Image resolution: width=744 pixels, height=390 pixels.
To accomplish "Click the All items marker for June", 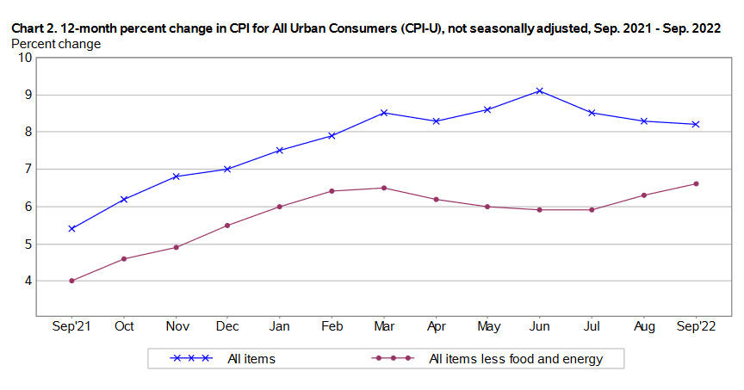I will click(x=539, y=90).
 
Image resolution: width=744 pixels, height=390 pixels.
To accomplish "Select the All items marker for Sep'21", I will click(x=71, y=228).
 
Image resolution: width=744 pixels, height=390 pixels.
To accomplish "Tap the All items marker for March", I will click(x=383, y=113).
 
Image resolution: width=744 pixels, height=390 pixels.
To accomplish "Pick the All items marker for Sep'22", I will click(x=695, y=124).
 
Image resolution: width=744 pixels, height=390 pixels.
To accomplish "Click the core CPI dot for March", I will click(x=383, y=188).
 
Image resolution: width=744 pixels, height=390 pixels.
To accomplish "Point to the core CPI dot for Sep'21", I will click(x=71, y=281).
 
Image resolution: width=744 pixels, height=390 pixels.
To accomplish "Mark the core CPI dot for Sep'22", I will click(x=695, y=183).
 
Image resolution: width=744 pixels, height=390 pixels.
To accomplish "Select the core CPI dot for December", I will click(x=227, y=226).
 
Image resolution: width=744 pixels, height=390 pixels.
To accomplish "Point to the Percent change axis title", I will click(x=55, y=43).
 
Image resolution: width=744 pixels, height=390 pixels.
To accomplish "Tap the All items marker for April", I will click(x=436, y=121).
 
